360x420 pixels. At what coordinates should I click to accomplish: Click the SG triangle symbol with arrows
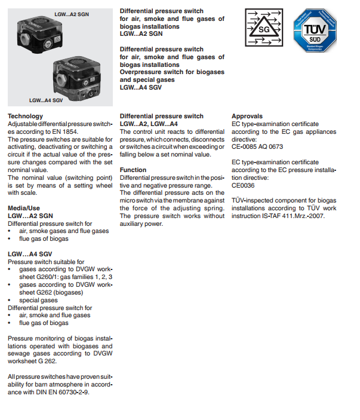coord(263,28)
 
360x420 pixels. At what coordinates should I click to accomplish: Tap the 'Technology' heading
coord(25,116)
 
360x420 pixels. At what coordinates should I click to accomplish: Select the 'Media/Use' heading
coord(24,208)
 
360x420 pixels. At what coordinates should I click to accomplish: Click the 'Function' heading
coord(133,170)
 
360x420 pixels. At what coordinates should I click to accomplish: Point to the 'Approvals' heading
coord(247,116)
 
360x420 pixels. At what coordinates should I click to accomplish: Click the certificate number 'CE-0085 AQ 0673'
coord(257,146)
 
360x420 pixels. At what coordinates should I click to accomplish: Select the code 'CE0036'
coord(244,185)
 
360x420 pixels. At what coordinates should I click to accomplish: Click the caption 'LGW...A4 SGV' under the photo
coord(46,100)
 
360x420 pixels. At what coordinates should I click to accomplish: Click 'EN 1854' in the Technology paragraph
coord(66,131)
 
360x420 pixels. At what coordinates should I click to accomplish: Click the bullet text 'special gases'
coord(39,300)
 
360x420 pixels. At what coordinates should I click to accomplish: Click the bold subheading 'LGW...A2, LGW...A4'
coord(149,124)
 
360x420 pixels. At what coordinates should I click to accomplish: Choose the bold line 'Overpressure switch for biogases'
coord(173,72)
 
